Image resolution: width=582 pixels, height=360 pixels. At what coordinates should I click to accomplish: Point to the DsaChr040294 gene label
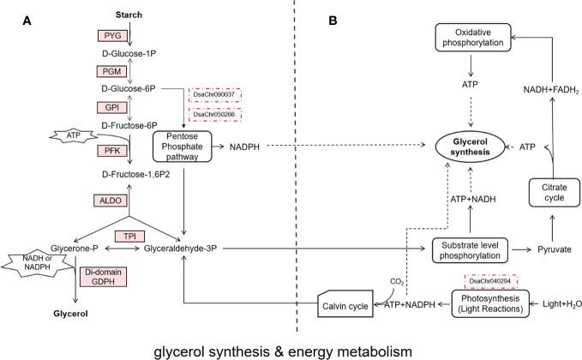488,280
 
